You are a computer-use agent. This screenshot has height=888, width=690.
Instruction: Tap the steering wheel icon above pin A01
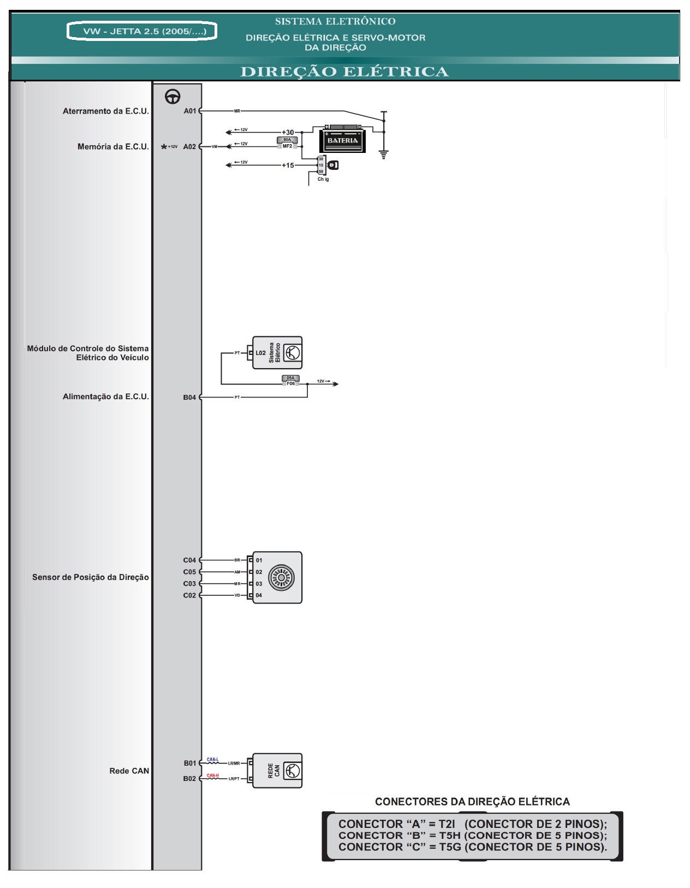tap(172, 97)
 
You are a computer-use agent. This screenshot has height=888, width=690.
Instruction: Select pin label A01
tap(189, 111)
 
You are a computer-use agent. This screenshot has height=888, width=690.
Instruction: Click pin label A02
tap(189, 146)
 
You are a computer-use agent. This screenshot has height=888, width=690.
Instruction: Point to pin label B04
tap(189, 397)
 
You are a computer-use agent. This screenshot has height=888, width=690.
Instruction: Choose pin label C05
tap(189, 572)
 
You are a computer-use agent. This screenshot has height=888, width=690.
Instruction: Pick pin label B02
tap(189, 778)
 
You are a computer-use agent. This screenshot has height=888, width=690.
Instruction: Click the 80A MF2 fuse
tap(287, 143)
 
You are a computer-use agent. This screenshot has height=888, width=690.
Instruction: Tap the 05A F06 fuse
tap(290, 381)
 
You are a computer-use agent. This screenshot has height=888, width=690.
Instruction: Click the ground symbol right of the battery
tap(384, 154)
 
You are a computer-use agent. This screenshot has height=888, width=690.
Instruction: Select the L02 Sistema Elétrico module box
tap(277, 353)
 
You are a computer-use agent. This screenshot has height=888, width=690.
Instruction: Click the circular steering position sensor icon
tap(281, 577)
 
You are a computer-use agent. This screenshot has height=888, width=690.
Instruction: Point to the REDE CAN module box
tap(277, 771)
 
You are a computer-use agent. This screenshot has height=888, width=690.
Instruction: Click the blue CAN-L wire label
tap(212, 760)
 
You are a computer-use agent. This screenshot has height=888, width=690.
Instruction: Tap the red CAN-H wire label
tap(212, 775)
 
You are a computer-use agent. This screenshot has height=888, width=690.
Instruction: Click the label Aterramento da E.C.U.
tap(105, 111)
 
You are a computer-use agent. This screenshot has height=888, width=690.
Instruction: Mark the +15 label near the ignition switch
tap(288, 165)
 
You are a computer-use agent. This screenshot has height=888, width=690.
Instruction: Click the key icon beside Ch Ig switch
tap(333, 165)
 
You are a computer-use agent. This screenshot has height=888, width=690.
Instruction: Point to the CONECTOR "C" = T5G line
tap(472, 847)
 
